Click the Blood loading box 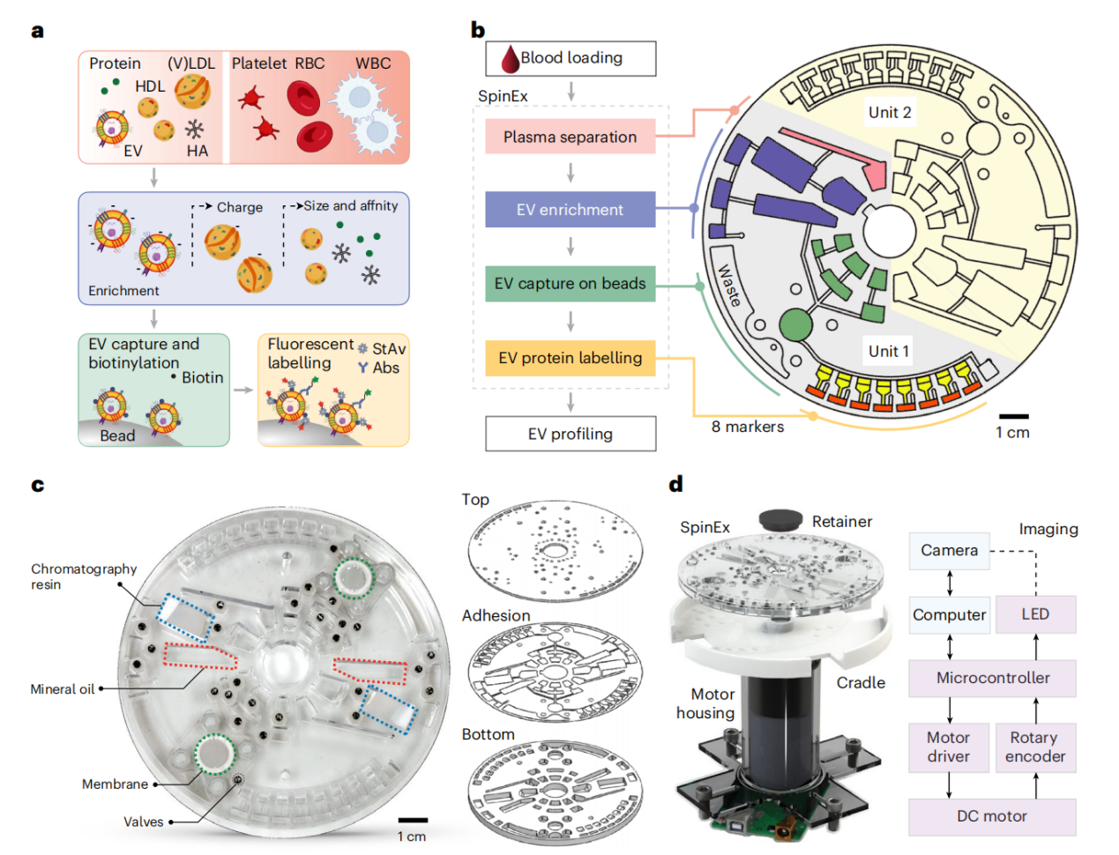pos(571,58)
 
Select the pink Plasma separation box pos(570,137)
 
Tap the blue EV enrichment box pos(570,210)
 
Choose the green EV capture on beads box pos(570,284)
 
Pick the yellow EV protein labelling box pos(570,358)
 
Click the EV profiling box pos(570,434)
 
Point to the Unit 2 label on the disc pos(889,112)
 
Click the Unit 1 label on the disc pos(888,351)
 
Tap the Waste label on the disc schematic pos(729,286)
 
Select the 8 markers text pos(748,427)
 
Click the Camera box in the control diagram pos(949,551)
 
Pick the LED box pos(1035,614)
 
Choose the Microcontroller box pos(992,678)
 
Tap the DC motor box pos(992,816)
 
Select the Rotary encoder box pos(1035,747)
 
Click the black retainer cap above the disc pos(780,519)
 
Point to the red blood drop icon pos(510,60)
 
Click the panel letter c pos(37,486)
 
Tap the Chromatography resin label pos(84,576)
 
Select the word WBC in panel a pos(373,63)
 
